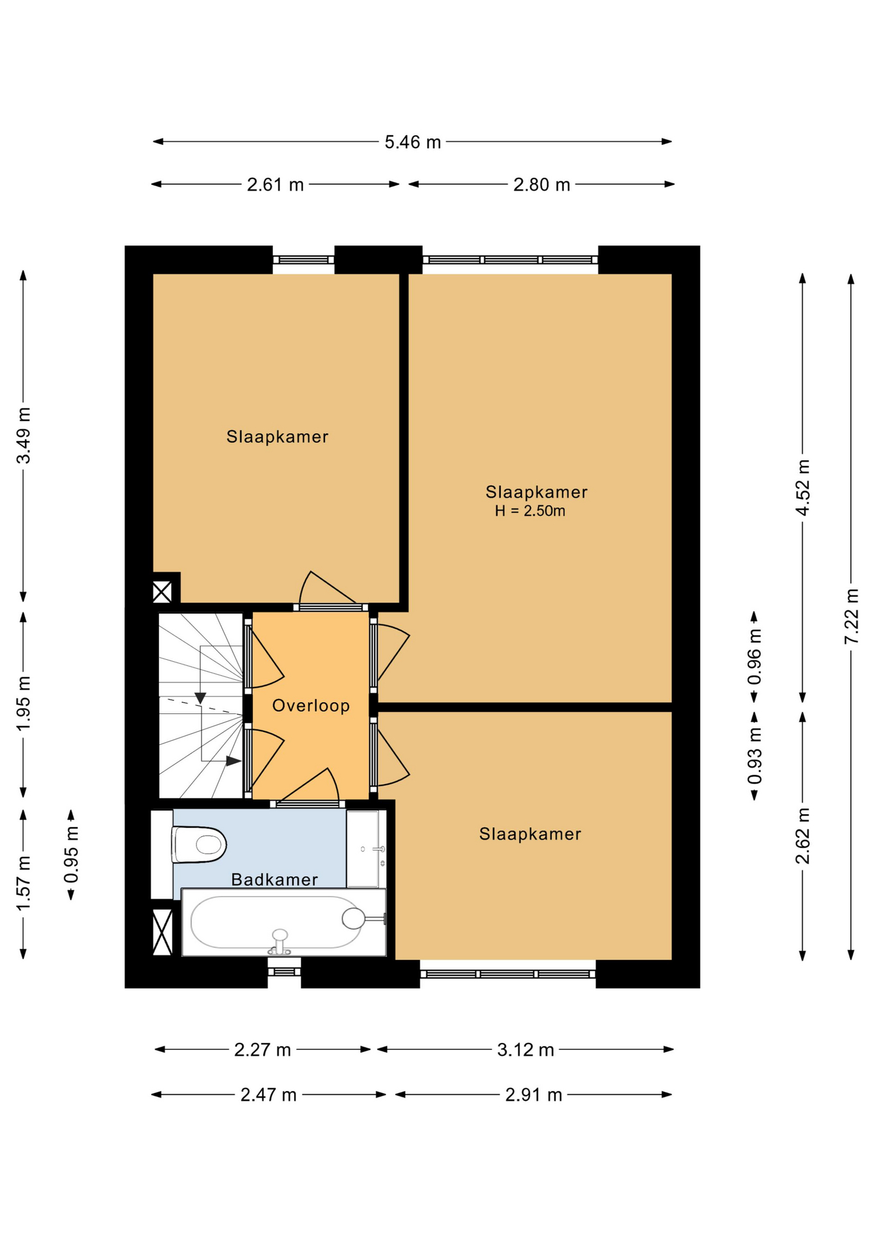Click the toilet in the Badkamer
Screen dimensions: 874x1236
point(198,844)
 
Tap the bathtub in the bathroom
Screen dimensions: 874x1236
point(284,922)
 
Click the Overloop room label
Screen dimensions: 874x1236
point(311,706)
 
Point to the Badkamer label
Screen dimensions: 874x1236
point(275,879)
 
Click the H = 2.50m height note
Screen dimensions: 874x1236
point(530,511)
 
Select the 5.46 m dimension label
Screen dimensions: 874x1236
point(413,142)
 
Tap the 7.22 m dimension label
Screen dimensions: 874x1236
point(851,616)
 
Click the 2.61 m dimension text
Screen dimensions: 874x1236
point(275,185)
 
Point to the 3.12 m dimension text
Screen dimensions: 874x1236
point(526,1050)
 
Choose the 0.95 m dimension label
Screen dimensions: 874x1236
point(71,855)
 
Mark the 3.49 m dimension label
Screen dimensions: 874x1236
point(24,435)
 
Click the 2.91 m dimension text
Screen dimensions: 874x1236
point(534,1095)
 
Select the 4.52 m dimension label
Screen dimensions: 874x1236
point(803,488)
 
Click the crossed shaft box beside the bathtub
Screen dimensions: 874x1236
point(162,932)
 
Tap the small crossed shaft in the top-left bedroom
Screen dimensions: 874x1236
point(162,592)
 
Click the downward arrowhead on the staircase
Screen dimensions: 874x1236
point(200,698)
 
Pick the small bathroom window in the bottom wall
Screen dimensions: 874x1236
point(284,971)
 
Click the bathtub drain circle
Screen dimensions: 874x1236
point(353,919)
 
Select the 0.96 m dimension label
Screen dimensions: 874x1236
point(754,657)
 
